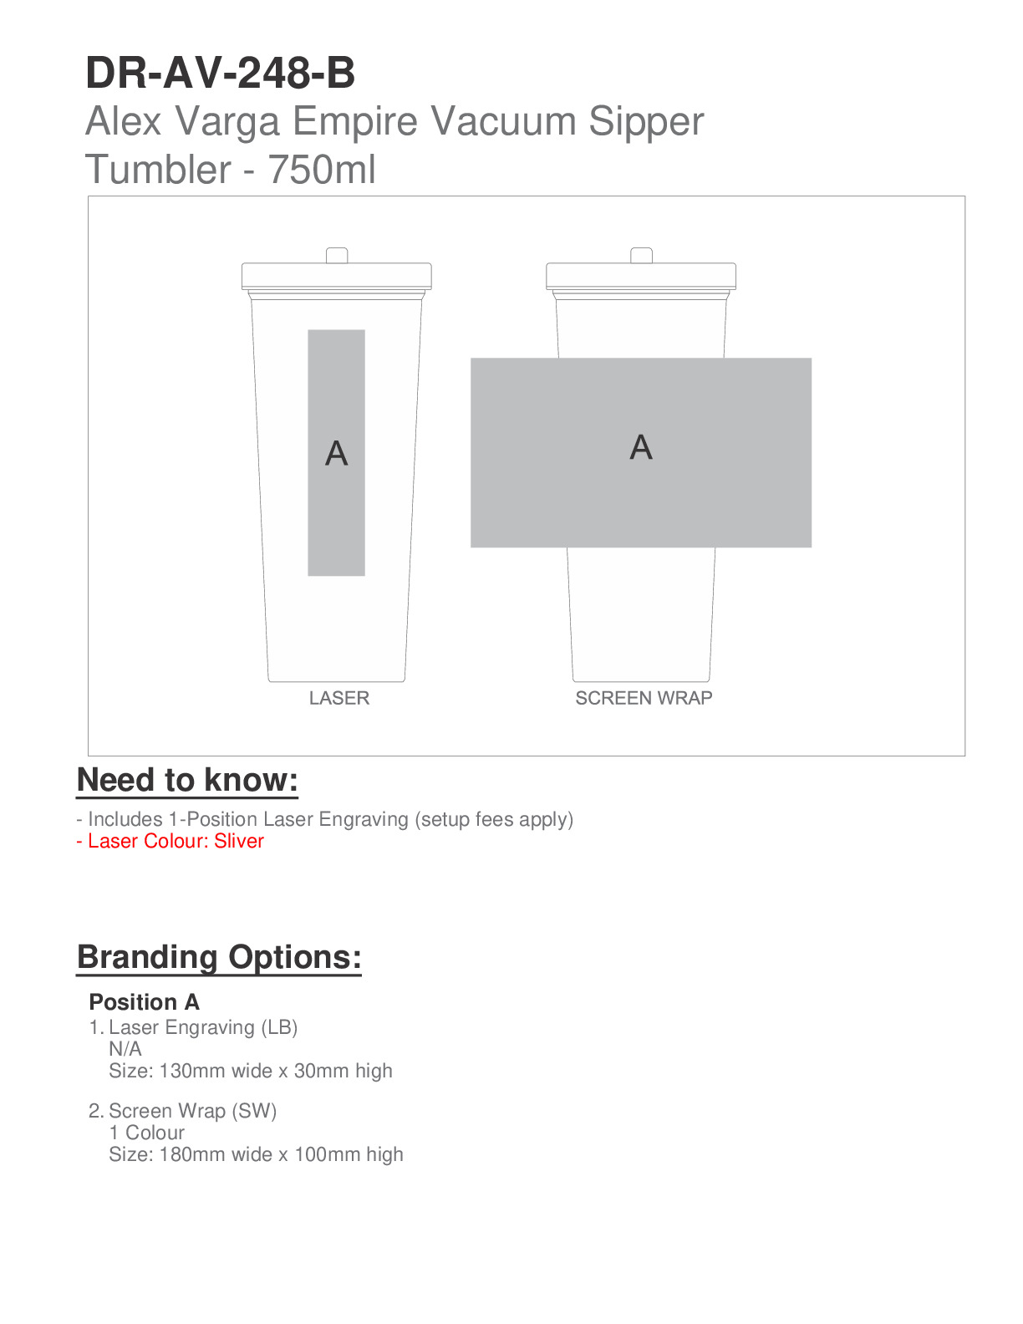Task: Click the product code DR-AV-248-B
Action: pyautogui.click(x=221, y=74)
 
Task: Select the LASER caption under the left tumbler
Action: pyautogui.click(x=338, y=698)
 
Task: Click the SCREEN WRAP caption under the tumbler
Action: pyautogui.click(x=644, y=698)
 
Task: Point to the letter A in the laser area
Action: pyautogui.click(x=336, y=454)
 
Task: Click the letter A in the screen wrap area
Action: pyautogui.click(x=641, y=448)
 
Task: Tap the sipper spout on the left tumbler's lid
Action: pyautogui.click(x=337, y=255)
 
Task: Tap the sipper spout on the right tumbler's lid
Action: pyautogui.click(x=641, y=255)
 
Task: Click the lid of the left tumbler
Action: pyautogui.click(x=337, y=277)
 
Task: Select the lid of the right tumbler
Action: pyautogui.click(x=641, y=277)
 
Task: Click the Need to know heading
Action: pyautogui.click(x=187, y=780)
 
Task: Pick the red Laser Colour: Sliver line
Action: pyautogui.click(x=170, y=841)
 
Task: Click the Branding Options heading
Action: pyautogui.click(x=219, y=957)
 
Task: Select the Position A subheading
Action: pyautogui.click(x=144, y=1002)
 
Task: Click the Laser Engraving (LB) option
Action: pyautogui.click(x=203, y=1027)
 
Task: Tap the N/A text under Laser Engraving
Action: pyautogui.click(x=125, y=1049)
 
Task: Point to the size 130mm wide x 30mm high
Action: pyautogui.click(x=251, y=1071)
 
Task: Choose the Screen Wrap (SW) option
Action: pyautogui.click(x=192, y=1111)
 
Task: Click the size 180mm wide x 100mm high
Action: pyautogui.click(x=256, y=1154)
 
